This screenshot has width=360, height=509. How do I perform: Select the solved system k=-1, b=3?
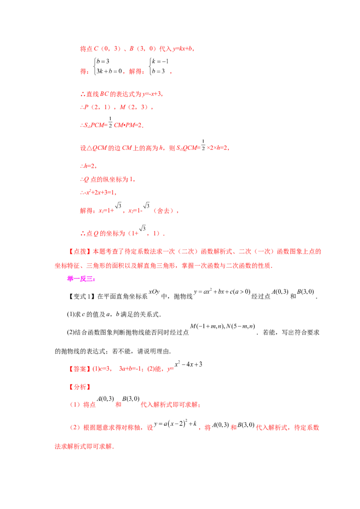[159, 66]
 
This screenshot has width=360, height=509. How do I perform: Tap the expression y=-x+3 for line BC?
[152, 94]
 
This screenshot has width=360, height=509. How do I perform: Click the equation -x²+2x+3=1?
[97, 192]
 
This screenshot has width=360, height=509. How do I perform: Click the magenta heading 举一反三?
[81, 279]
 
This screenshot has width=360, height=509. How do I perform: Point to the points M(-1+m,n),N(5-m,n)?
[223, 326]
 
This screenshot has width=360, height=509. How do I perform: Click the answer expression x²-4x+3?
[189, 364]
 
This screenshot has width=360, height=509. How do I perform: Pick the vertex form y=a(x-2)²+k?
[175, 423]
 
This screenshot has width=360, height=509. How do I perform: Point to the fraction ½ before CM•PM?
[110, 122]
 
